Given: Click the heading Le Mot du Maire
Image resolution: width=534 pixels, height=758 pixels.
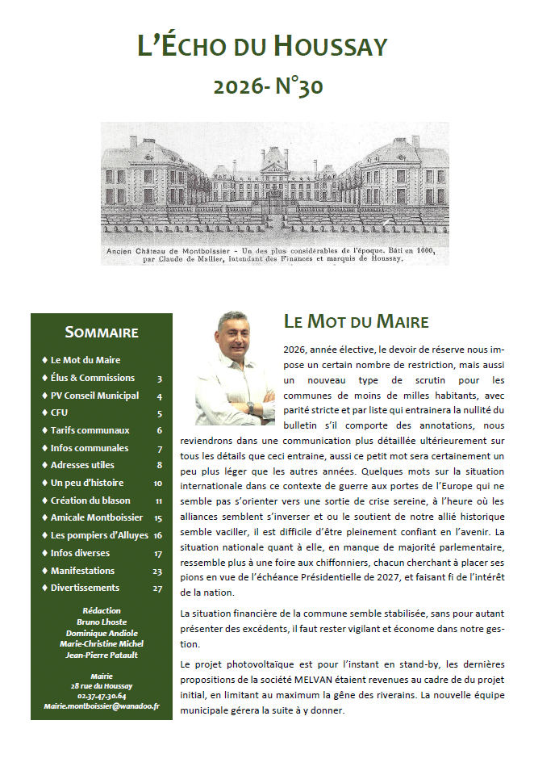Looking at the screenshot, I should coord(356,321).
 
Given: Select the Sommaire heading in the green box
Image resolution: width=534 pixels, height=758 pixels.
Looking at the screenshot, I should coord(102,332).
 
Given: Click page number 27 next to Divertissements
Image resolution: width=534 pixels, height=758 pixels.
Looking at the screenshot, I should coord(157,588).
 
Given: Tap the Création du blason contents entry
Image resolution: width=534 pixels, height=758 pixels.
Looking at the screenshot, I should coord(90,500).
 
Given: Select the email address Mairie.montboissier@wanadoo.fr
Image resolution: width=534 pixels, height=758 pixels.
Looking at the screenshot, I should coord(102,706).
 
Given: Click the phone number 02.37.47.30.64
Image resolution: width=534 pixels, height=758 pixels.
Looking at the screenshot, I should coord(102,695).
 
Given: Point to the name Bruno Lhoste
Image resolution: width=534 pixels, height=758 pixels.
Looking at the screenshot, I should coord(102,622).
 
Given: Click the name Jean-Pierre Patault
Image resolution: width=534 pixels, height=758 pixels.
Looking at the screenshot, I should coord(102,655).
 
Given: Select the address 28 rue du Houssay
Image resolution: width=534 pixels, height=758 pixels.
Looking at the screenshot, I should coord(102,685).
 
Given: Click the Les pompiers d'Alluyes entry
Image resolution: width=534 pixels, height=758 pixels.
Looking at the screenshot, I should coord(95,535).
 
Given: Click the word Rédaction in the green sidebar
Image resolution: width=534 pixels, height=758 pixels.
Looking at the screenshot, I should coord(102,611).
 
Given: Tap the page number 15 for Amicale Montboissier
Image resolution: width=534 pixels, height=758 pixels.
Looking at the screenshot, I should coord(157,518).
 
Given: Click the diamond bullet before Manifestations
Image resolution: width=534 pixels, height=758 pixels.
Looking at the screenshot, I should coord(44,571).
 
